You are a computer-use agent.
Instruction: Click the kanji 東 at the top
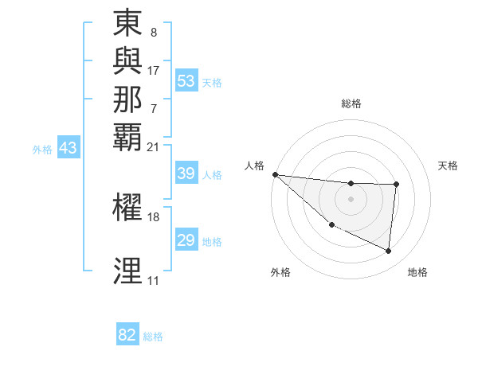coord(127,24)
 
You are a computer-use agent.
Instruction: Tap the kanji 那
coord(127,99)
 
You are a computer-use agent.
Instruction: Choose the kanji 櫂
coord(127,206)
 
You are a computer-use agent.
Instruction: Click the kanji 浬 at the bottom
coord(127,271)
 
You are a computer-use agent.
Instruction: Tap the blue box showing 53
coord(186,81)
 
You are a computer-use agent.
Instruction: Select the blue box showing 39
coord(186,174)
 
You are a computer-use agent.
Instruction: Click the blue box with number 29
coord(186,241)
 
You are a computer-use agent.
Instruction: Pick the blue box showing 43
coord(69,148)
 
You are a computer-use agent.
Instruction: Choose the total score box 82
coord(127,336)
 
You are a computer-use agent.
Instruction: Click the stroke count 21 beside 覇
coord(154,146)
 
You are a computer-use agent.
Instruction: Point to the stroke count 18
coord(154,216)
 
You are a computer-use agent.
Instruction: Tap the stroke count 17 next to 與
coord(154,70)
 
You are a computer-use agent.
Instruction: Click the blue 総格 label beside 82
coord(153,337)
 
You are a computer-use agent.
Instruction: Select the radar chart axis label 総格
coord(351,103)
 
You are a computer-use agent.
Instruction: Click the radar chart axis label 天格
coord(449,166)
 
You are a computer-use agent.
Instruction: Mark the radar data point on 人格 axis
coord(275,174)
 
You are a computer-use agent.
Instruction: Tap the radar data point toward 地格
coord(389,251)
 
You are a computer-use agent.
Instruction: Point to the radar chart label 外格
coord(280,272)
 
